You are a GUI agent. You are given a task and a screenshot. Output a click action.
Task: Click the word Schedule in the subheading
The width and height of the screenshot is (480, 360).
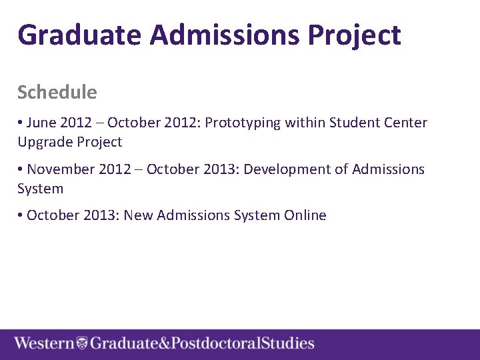[57, 92]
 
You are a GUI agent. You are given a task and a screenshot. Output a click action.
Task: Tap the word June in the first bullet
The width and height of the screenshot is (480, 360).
[41, 123]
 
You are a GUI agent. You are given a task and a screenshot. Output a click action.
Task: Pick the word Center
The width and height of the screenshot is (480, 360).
[405, 123]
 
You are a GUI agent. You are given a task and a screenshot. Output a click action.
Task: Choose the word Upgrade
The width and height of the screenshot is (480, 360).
[45, 142]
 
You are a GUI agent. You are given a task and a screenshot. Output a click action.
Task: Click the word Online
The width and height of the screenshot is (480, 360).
[305, 215]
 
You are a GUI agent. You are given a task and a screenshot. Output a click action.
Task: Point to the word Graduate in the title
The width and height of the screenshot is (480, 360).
[80, 35]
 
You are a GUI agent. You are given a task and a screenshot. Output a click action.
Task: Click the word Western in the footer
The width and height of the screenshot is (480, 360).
[45, 343]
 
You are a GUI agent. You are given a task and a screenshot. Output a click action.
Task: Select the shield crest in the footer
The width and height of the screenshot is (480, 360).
[82, 343]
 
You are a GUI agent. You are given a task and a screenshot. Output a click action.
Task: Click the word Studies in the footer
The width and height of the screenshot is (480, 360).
[287, 343]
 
